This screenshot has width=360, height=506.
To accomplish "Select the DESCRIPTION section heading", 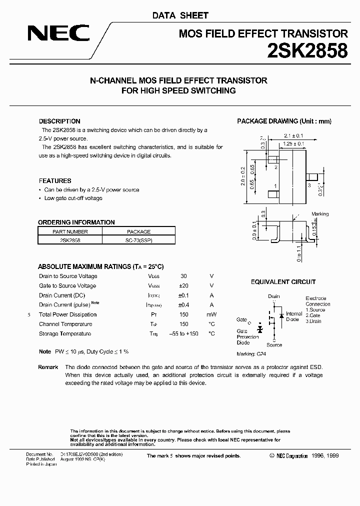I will pos(59,121).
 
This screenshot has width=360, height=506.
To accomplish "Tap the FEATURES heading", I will pos(55,180).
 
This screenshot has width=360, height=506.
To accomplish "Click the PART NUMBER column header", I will pos(70,231).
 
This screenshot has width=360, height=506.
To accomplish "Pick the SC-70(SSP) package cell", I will pos(138,240).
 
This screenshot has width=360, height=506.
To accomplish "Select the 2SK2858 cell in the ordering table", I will pos(70,240).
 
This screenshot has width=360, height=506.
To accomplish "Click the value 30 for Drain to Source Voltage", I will pos(183,276).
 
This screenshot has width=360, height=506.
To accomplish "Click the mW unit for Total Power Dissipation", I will pos(211,314).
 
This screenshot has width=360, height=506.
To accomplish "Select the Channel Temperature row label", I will pos(65,324).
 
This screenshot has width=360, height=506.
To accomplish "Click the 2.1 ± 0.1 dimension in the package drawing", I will pos(294,135).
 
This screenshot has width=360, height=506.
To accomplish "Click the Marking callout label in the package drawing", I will pos(319,214).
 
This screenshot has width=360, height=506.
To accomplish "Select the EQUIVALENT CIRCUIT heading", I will pos(283,282).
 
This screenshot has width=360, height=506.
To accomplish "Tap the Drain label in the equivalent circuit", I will pos(273,296).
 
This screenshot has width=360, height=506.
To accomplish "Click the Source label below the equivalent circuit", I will pos(274,345).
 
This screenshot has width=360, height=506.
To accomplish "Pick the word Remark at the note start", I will pos(48,367).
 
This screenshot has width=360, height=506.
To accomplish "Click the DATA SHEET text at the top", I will pos(180,15).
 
